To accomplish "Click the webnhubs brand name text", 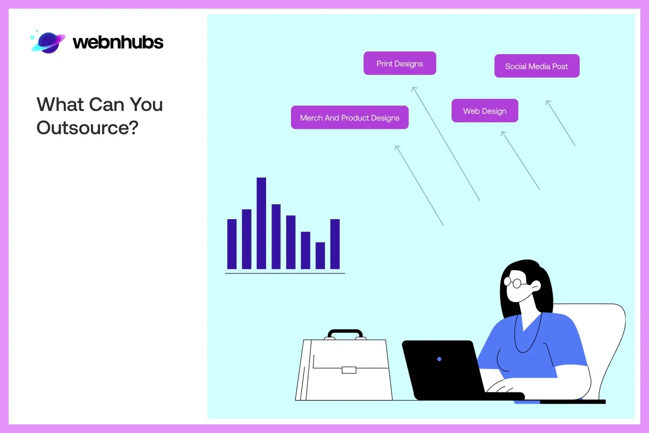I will (118, 42).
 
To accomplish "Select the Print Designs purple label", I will (400, 63).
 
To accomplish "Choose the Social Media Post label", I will (537, 66).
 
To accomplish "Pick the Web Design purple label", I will (485, 111).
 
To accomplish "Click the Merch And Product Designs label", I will (349, 117).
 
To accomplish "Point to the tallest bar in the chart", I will (261, 223).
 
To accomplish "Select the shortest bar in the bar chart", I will (320, 255).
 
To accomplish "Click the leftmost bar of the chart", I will (232, 244).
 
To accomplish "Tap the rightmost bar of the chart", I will (335, 244).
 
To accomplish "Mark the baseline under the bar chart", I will (284, 273).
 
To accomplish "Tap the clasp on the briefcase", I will (349, 370).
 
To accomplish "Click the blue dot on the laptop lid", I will (439, 359).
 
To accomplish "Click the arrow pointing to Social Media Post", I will (560, 123).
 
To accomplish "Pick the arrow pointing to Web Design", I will (520, 160).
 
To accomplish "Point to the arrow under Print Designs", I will (446, 143).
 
